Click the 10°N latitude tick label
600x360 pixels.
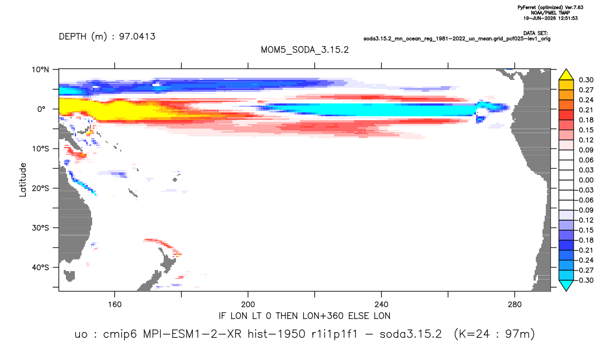click(x=40, y=70)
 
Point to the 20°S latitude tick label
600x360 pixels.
click(x=40, y=188)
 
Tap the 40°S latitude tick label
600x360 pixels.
click(x=40, y=267)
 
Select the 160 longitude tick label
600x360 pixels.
click(x=115, y=305)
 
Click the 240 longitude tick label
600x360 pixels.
click(x=382, y=305)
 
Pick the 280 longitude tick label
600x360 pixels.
click(x=515, y=305)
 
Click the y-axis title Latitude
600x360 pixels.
click(x=23, y=180)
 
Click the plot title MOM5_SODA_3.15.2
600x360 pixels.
click(x=304, y=50)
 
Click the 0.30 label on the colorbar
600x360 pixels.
click(x=586, y=80)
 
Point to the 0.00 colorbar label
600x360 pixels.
click(x=586, y=180)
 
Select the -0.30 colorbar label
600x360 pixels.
click(x=585, y=280)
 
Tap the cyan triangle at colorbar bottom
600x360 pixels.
click(x=566, y=285)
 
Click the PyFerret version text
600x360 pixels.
click(x=550, y=8)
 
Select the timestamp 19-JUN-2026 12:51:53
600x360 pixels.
click(x=550, y=18)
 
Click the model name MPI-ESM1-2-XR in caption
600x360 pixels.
click(x=192, y=334)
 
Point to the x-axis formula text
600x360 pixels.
click(x=304, y=316)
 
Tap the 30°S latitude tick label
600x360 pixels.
click(x=40, y=228)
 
